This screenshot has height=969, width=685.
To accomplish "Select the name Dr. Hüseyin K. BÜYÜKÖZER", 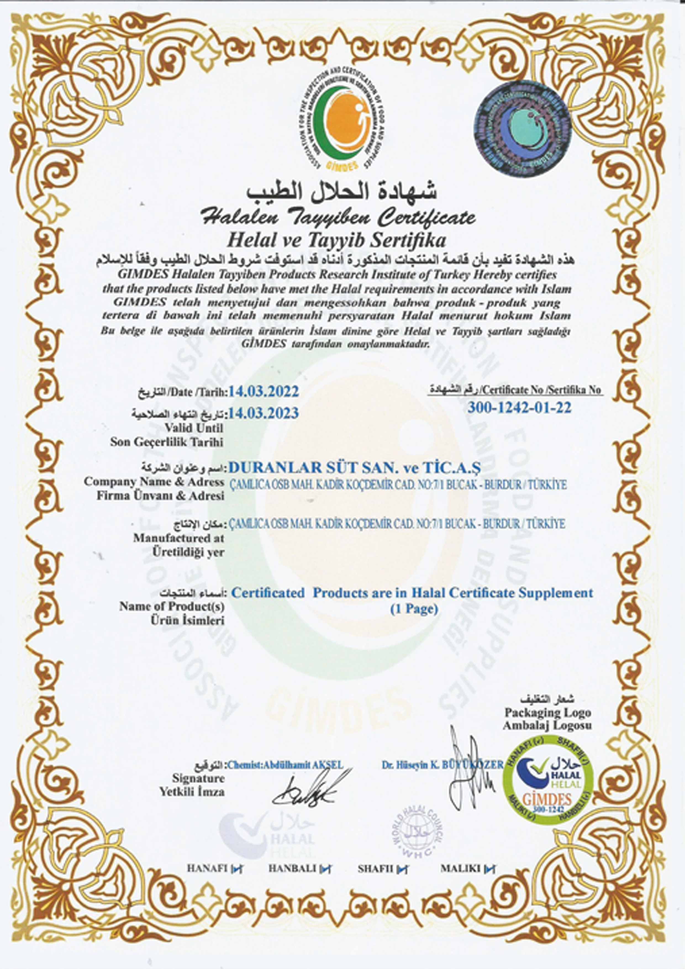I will pyautogui.click(x=442, y=764).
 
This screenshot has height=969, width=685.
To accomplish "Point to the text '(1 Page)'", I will pyautogui.click(x=413, y=609).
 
